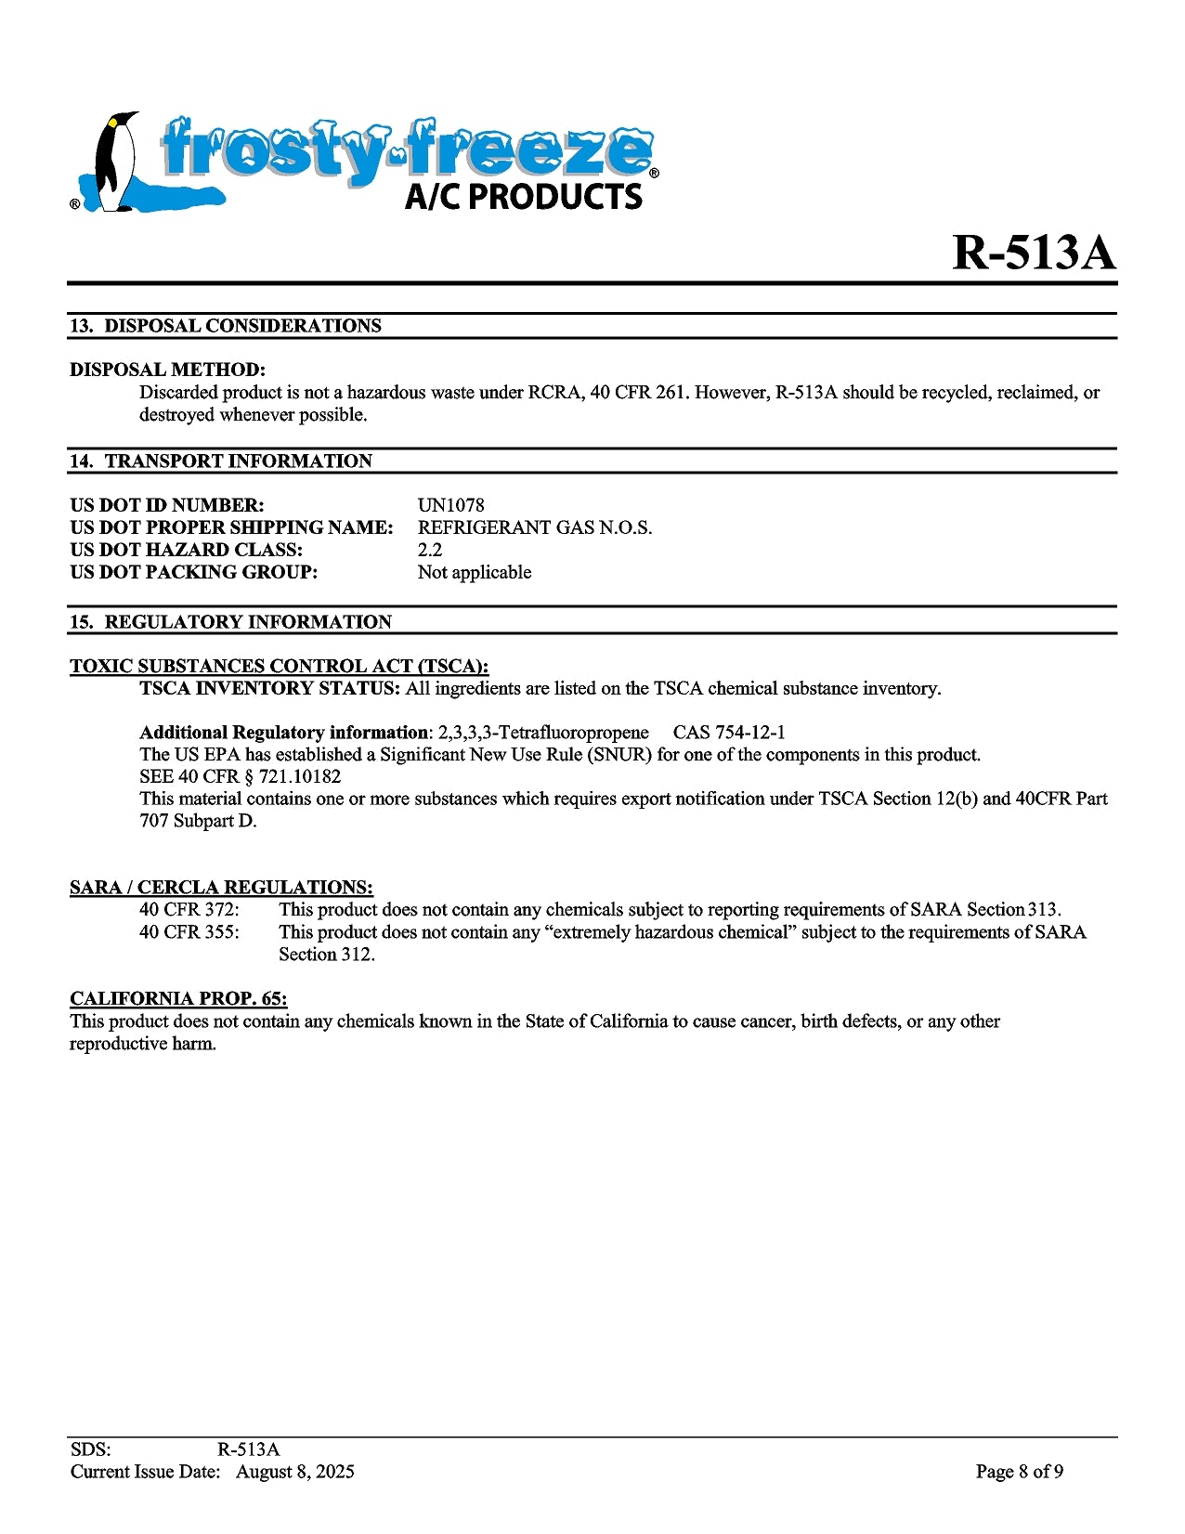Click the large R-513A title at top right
click(x=1033, y=253)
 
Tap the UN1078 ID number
click(x=450, y=505)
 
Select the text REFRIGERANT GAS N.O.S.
click(x=535, y=527)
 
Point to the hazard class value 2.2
click(x=430, y=550)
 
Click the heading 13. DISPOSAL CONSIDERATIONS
click(x=226, y=326)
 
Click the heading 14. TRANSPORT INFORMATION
click(x=221, y=461)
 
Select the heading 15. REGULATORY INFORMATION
click(x=231, y=622)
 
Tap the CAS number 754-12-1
click(x=749, y=733)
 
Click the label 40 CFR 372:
click(x=189, y=910)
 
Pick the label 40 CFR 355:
click(x=189, y=932)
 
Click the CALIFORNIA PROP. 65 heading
click(x=178, y=999)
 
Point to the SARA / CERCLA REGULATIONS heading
click(x=221, y=888)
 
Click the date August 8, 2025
click(x=294, y=1472)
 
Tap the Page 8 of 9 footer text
click(x=1019, y=1472)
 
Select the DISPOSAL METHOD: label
click(x=167, y=370)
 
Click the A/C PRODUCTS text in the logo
click(x=524, y=197)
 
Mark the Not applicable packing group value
click(x=475, y=572)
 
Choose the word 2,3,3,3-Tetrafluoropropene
click(x=543, y=733)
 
